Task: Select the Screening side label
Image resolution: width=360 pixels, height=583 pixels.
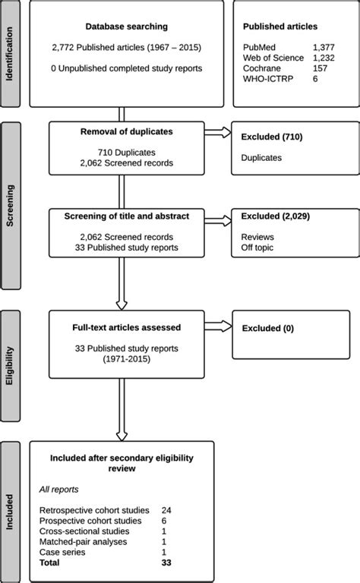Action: click(11, 205)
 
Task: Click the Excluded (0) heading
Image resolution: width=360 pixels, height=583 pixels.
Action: click(267, 329)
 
